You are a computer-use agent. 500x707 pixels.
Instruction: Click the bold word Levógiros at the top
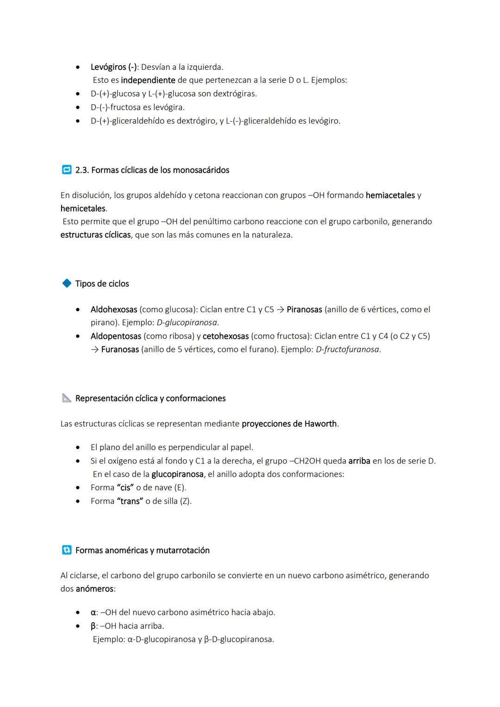pos(108,67)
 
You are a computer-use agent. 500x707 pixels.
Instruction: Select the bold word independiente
pos(148,80)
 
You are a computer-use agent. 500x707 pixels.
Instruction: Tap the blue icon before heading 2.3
pos(66,170)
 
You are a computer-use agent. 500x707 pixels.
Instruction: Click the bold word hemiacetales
pos(390,195)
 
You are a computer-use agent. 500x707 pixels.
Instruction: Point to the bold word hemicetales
pos(83,209)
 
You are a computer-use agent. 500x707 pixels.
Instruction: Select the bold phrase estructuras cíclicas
pos(95,235)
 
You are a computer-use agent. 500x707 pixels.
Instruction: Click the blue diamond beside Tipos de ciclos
pos(67,283)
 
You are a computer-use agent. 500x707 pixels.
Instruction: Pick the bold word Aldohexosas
pos(113,309)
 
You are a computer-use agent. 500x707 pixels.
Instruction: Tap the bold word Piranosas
pos(304,309)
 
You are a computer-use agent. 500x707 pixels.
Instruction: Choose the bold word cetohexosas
pos(225,336)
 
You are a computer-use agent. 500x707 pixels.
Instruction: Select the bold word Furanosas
pos(120,350)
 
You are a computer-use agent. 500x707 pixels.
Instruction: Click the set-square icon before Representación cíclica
pos(67,398)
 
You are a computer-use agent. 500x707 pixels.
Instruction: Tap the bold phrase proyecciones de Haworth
pos(289,424)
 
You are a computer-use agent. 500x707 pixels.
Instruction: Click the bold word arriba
pos(359,461)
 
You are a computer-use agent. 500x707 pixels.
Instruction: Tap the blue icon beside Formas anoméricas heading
pos(67,550)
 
